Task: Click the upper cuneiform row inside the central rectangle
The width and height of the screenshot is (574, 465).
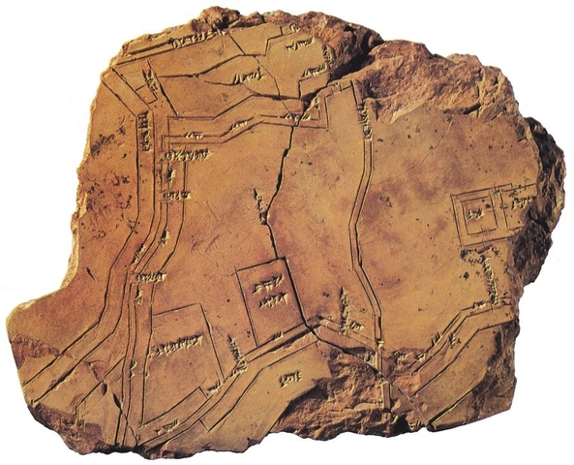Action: point(268,286)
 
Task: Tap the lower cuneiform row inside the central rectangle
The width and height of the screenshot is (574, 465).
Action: point(272,301)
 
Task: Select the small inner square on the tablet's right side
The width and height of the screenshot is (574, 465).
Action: point(475,214)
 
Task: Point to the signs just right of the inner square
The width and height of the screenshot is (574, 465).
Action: point(520,203)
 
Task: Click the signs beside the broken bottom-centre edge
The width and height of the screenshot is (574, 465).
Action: point(289,377)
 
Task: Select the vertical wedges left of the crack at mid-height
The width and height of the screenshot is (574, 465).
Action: point(259,203)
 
